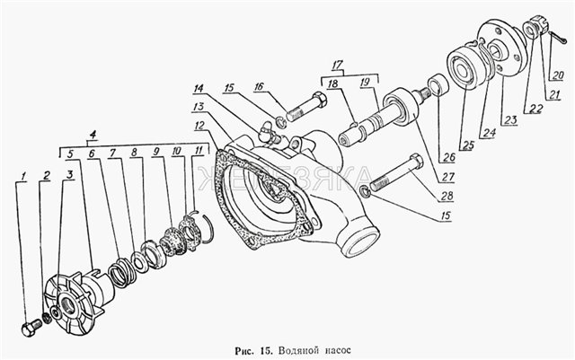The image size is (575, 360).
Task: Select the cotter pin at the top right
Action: point(559,38)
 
